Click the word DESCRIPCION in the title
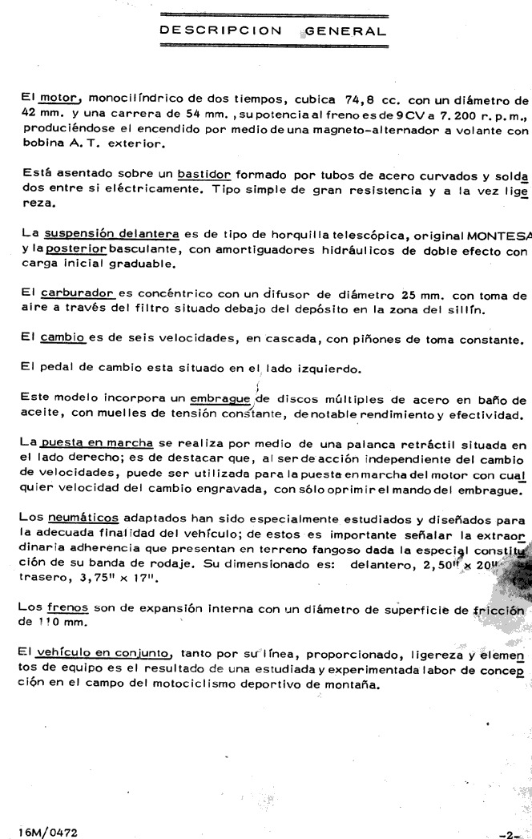[x=214, y=32]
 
